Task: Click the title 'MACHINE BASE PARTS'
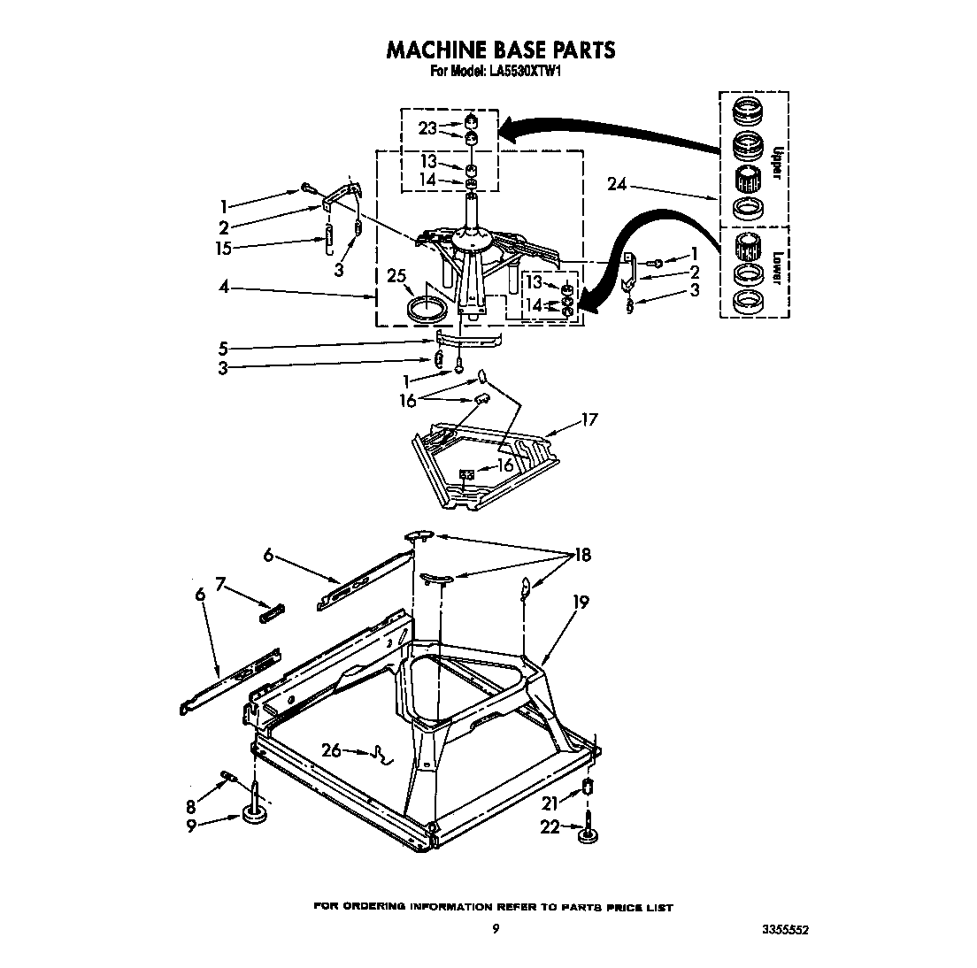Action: [500, 50]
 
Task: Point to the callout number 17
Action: [588, 419]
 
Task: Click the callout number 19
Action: [581, 602]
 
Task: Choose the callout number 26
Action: [331, 751]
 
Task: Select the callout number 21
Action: [550, 803]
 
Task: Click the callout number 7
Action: [219, 585]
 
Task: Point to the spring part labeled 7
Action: [272, 611]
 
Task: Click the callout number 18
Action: [582, 556]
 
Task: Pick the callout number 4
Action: [226, 287]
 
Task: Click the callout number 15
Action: [224, 249]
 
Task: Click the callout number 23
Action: [428, 128]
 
